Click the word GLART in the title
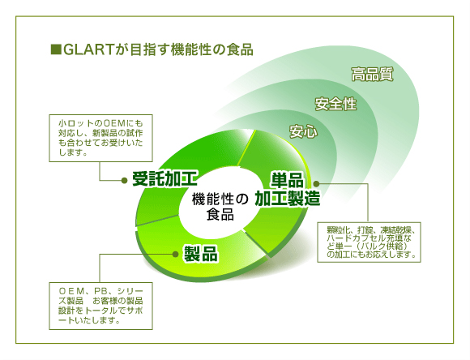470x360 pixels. (88, 49)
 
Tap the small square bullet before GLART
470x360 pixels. (56, 49)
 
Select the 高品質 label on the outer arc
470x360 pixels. (372, 74)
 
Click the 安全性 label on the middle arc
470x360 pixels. (335, 104)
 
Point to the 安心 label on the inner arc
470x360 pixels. (303, 131)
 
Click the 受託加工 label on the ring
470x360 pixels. (164, 179)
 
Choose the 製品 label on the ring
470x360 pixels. (201, 254)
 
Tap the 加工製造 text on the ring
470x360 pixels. (288, 199)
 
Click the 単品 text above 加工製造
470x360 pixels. (287, 180)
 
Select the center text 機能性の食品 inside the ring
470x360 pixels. (220, 207)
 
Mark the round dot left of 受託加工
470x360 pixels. (125, 180)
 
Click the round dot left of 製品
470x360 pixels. (175, 255)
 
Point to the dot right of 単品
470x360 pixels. (316, 183)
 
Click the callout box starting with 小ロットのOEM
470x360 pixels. (100, 139)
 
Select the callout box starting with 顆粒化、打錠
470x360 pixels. (369, 242)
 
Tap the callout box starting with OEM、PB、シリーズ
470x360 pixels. (100, 306)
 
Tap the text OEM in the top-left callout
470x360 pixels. (113, 123)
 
